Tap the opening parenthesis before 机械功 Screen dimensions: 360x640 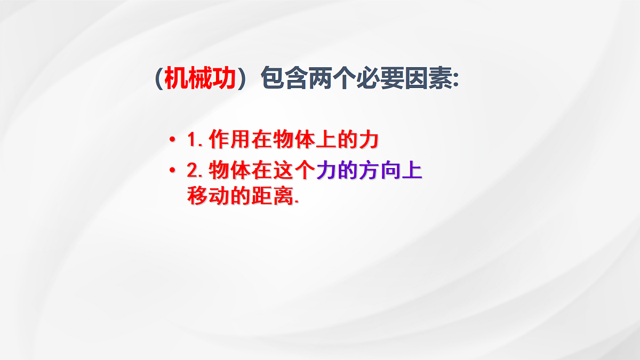[159, 80]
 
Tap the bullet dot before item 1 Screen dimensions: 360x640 [172, 140]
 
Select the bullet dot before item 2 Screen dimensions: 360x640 [172, 171]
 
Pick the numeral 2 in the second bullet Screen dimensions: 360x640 [193, 171]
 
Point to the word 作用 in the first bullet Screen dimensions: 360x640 [229, 139]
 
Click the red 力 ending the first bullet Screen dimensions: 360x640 [368, 139]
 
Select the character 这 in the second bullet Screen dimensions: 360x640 [283, 171]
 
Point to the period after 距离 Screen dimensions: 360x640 [297, 202]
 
